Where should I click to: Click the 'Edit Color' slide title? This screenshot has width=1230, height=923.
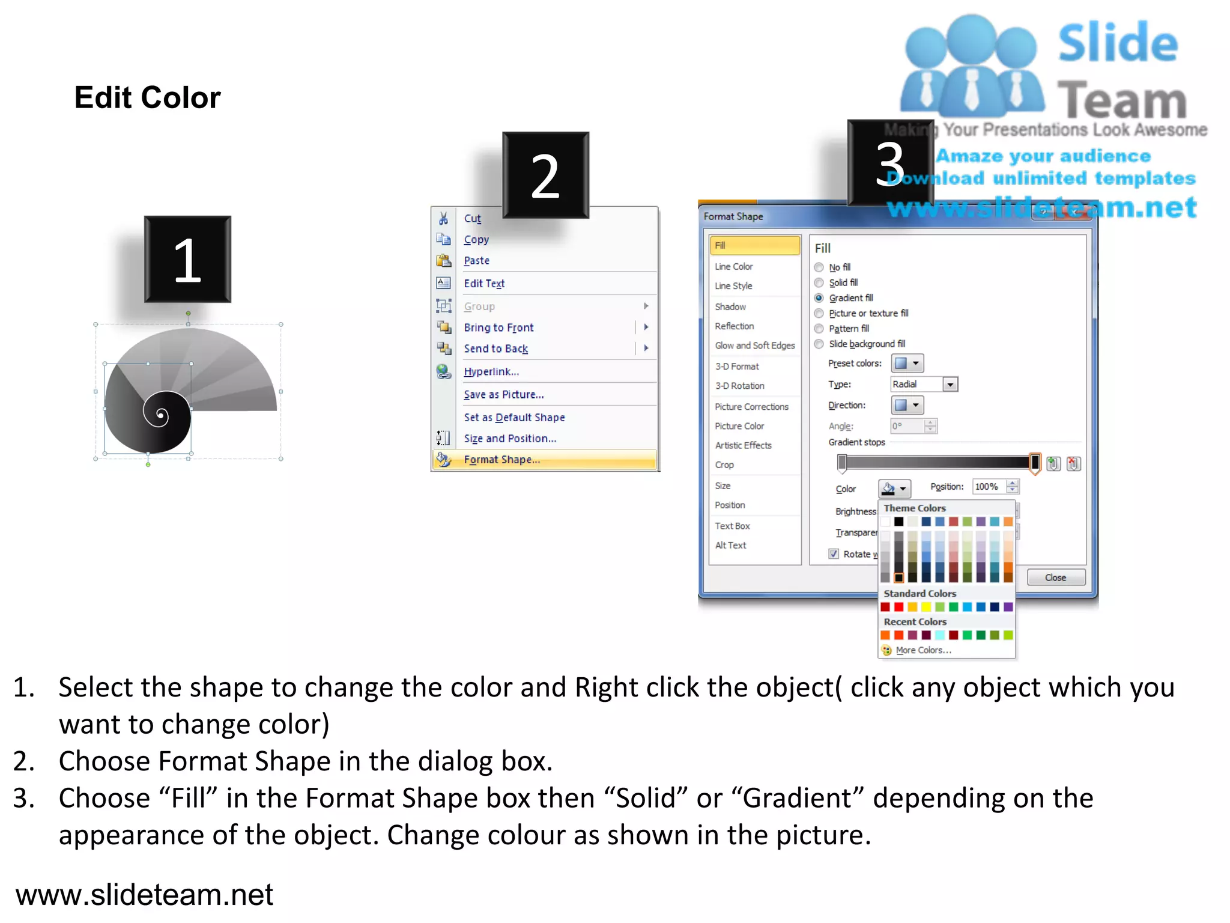point(147,97)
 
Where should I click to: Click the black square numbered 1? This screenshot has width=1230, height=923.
point(187,259)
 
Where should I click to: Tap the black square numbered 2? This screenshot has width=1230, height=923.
point(545,175)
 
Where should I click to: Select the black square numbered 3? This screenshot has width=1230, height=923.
point(890,163)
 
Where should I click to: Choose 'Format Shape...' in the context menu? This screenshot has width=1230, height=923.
point(501,460)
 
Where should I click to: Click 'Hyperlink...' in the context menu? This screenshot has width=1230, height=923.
point(491,371)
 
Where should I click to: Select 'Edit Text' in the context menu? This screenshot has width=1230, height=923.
point(484,283)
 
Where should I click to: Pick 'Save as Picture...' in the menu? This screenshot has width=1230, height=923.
point(503,394)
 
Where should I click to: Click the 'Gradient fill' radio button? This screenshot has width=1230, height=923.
point(819,298)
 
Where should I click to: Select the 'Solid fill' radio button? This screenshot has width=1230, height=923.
point(819,282)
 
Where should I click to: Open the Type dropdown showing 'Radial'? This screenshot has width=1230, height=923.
point(950,384)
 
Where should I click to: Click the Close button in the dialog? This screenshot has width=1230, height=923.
point(1055,577)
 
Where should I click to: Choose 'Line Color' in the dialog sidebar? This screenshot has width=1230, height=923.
point(733,266)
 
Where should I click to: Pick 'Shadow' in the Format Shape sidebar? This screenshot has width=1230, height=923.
point(730,306)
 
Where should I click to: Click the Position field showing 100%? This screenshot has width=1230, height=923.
point(989,487)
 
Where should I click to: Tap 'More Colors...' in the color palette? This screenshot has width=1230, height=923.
point(923,650)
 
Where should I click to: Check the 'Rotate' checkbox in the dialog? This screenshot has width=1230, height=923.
point(834,554)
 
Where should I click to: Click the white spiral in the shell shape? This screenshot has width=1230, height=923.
point(159,413)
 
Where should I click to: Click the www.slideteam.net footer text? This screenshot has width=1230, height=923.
point(144,894)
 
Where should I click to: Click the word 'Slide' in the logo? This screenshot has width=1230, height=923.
point(1118,43)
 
